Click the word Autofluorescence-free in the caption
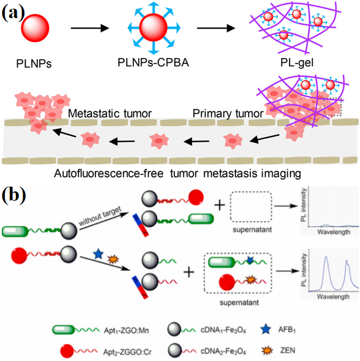point(110,174)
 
